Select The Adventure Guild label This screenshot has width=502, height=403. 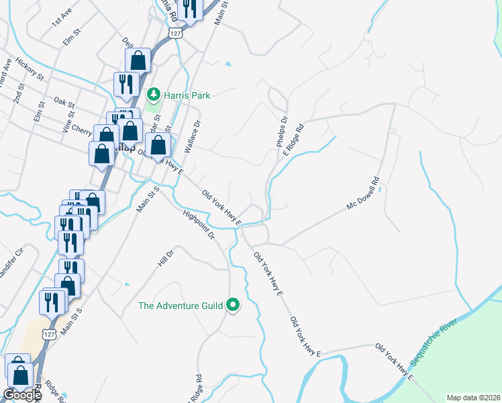(x=180, y=306)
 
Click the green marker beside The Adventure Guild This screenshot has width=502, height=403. (x=234, y=306)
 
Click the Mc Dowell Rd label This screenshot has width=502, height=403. (x=363, y=192)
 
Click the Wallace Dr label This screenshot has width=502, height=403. (x=193, y=136)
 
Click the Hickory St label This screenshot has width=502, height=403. (x=32, y=71)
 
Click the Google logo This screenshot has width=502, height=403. (x=22, y=395)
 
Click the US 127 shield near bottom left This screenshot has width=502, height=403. (x=46, y=334)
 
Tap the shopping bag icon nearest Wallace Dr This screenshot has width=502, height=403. (x=158, y=145)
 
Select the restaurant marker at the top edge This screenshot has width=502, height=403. (x=190, y=9)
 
